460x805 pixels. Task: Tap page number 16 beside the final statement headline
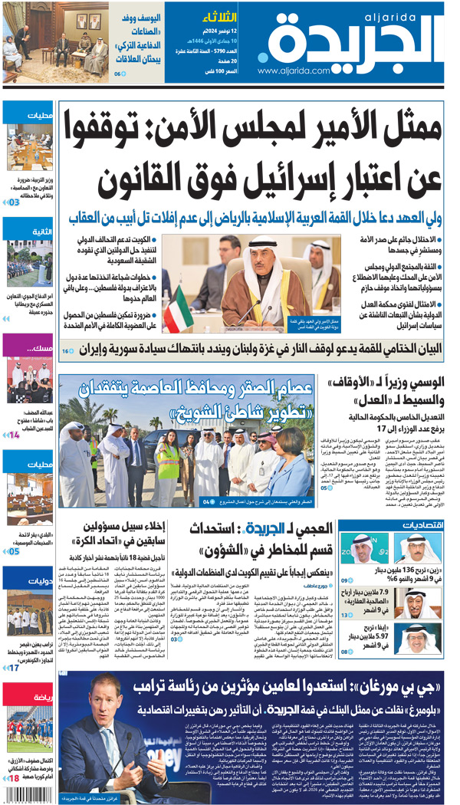67,350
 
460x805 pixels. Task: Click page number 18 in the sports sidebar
13,779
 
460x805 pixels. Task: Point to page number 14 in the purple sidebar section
14,435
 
